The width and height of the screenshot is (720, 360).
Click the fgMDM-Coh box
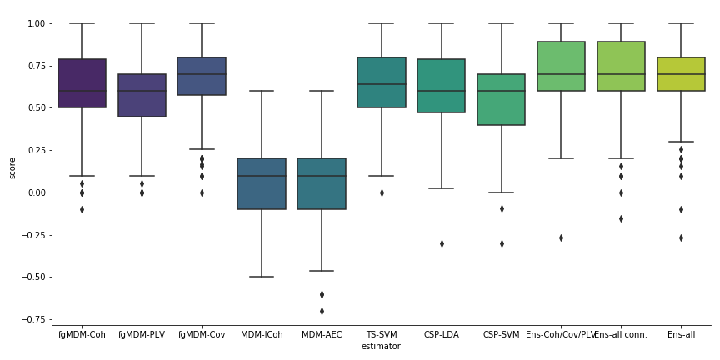tap(82, 83)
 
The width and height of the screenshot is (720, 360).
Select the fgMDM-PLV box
tap(142, 95)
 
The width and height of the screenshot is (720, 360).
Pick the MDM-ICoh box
tap(262, 183)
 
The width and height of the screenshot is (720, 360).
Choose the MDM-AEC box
tap(322, 183)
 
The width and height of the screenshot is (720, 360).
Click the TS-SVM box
tap(382, 82)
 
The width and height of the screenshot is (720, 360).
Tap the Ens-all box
tap(682, 74)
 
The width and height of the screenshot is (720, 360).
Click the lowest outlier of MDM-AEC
tap(322, 311)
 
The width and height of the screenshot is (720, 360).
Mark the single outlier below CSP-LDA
tap(442, 243)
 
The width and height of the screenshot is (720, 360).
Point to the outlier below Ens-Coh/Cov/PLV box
tap(562, 237)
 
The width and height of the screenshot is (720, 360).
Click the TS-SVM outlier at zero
tap(382, 192)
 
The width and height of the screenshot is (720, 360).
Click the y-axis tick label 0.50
tap(37, 108)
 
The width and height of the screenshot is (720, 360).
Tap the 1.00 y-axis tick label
tap(37, 23)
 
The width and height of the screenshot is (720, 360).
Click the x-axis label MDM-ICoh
tap(262, 335)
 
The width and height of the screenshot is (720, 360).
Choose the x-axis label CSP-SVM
tap(502, 335)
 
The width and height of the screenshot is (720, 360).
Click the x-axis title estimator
tap(381, 347)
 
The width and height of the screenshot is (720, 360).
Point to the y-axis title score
tap(12, 167)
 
